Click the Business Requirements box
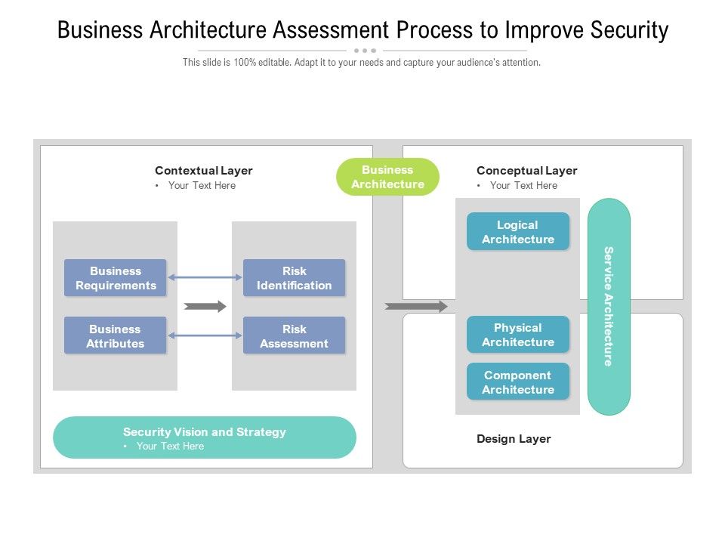point(115,278)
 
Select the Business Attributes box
point(115,336)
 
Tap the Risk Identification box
point(294,278)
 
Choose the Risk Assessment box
point(294,336)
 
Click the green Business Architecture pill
point(387,177)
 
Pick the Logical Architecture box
point(517,232)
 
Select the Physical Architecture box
point(517,335)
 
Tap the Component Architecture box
point(517,382)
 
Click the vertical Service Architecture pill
point(609,306)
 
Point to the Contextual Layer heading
point(203,171)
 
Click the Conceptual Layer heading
point(526,171)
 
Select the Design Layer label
point(514,439)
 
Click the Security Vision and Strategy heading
point(205,432)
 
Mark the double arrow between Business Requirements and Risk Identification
point(205,277)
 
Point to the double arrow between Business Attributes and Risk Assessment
point(205,335)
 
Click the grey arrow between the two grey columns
point(205,306)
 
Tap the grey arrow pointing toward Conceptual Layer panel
point(416,306)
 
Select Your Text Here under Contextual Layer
point(202,186)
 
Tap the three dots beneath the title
point(364,51)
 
